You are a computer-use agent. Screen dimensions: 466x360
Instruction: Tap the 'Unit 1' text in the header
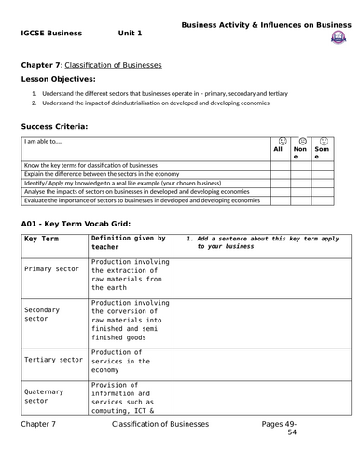131,34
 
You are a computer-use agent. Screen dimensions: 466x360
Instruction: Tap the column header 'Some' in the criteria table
322,153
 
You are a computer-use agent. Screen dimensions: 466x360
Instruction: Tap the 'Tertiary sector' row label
53,359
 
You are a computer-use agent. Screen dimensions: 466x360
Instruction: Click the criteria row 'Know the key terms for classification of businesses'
103,164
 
